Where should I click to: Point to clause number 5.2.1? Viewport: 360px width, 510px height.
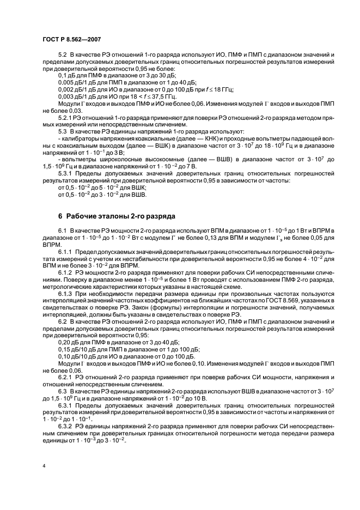tap(65, 117)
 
